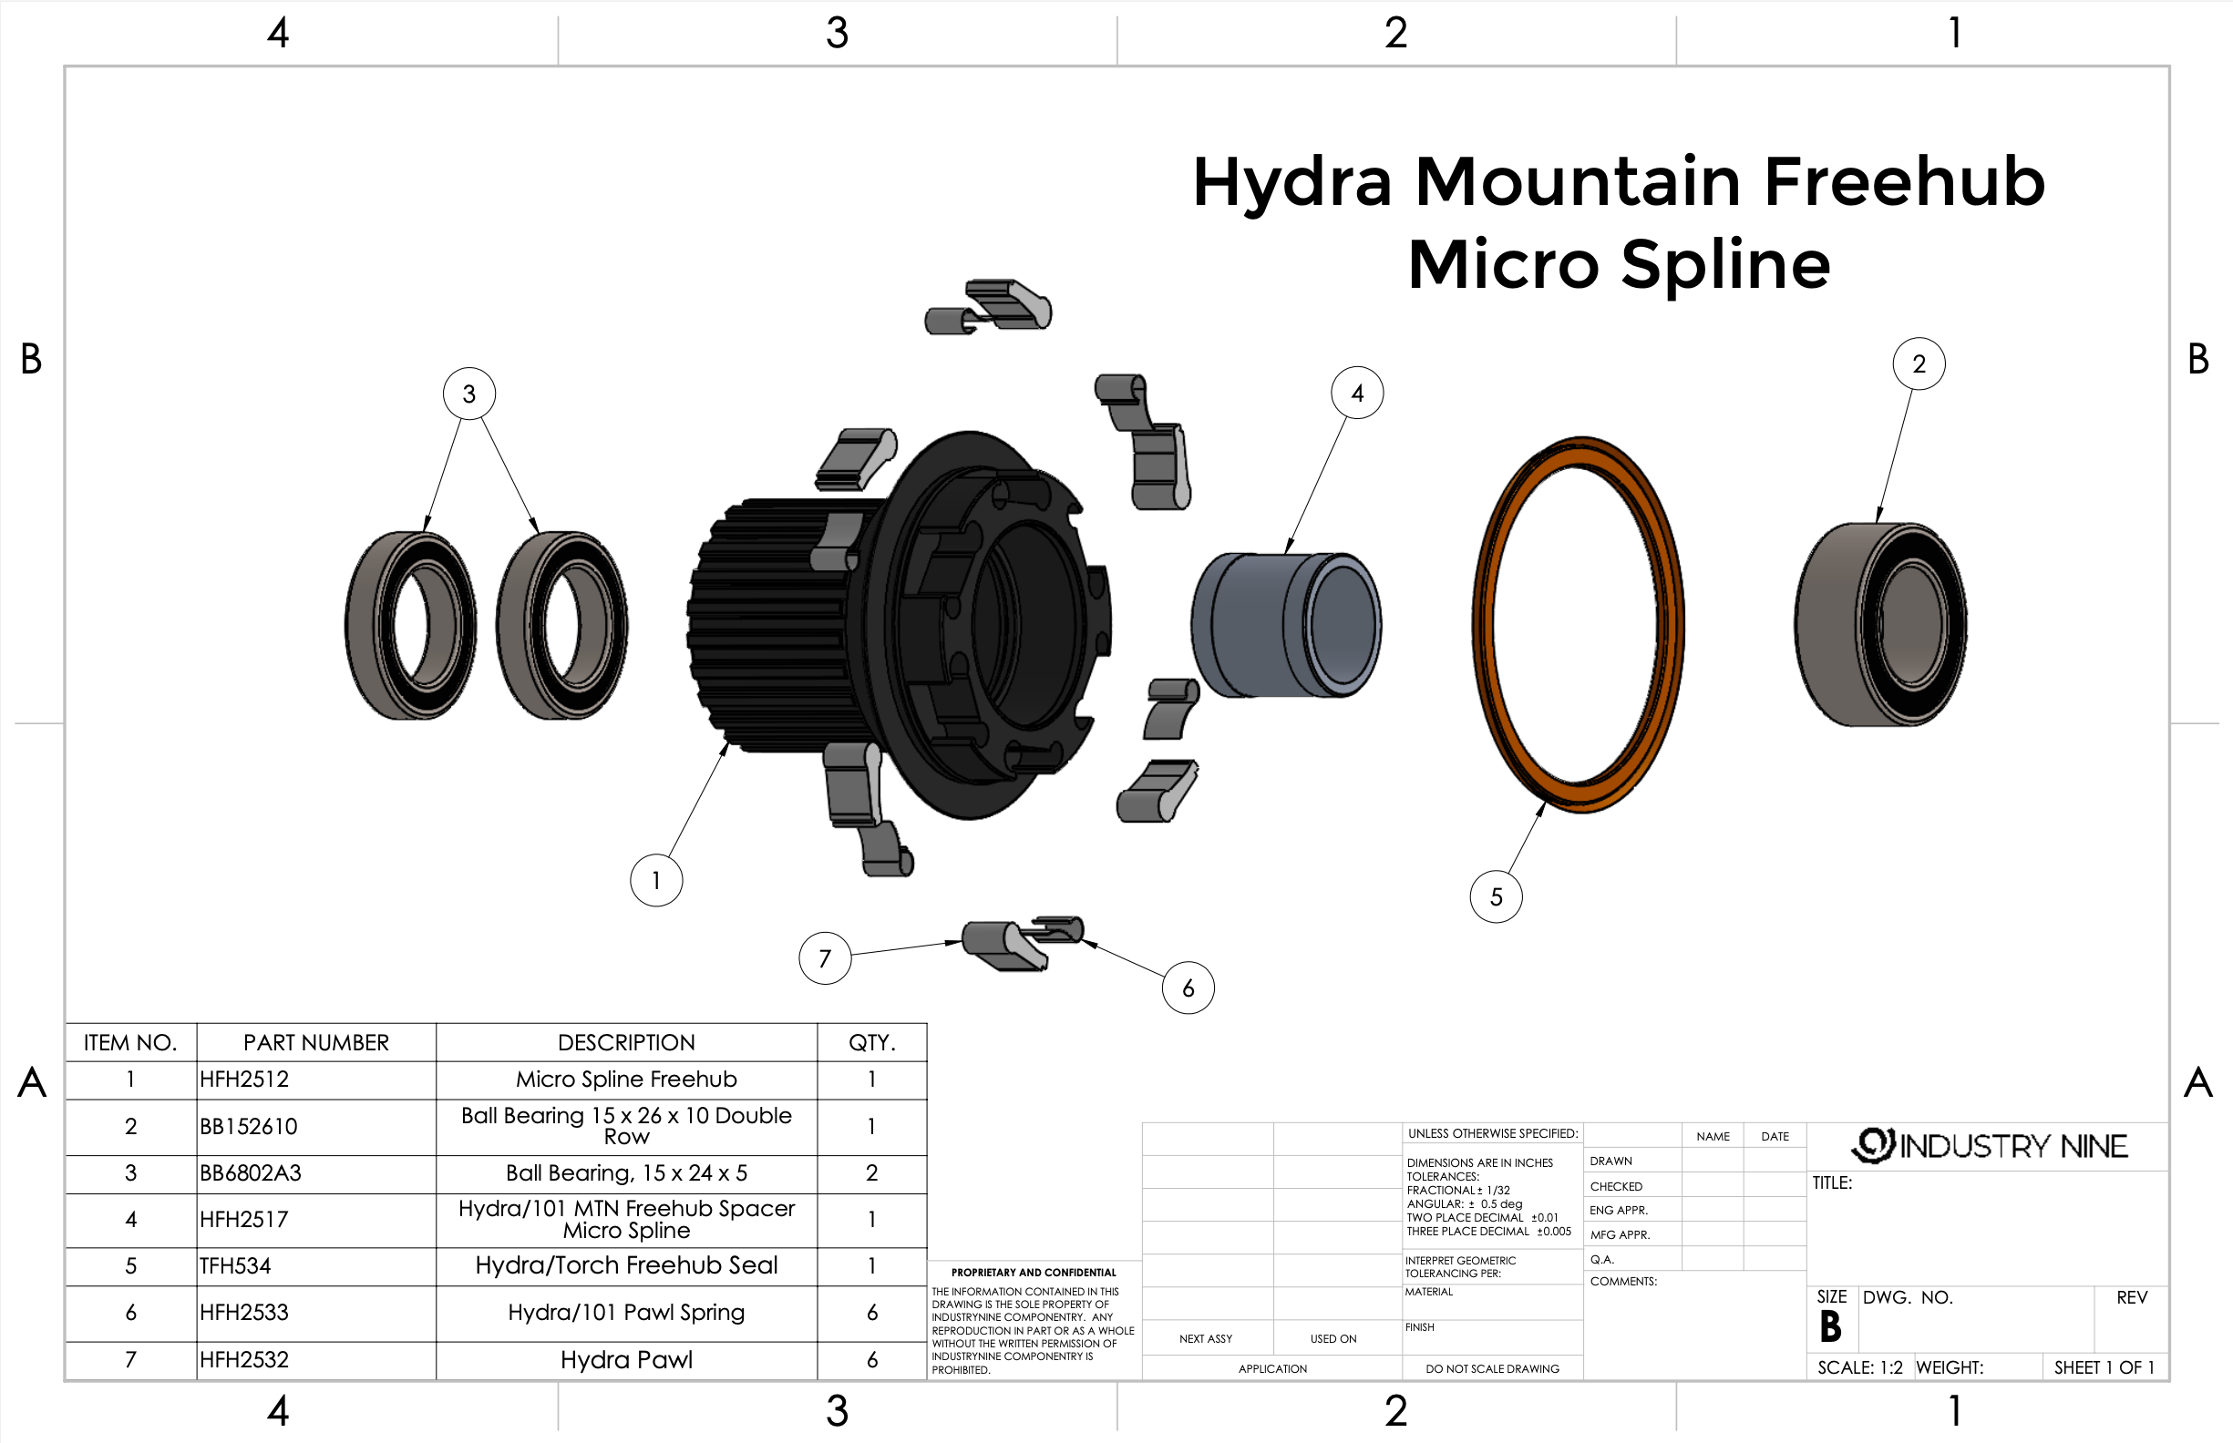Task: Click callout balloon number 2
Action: click(x=1918, y=363)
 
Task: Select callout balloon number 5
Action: click(x=1496, y=896)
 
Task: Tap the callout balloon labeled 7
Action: click(x=825, y=957)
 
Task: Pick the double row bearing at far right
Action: click(x=1878, y=624)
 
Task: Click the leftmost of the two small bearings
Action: click(x=409, y=625)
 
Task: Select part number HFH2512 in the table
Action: click(x=243, y=1080)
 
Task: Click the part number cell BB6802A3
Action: click(x=250, y=1173)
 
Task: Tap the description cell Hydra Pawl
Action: click(x=626, y=1359)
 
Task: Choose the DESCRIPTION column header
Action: click(x=626, y=1043)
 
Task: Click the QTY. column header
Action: click(x=872, y=1043)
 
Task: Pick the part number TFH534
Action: click(x=234, y=1266)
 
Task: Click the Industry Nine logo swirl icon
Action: click(x=1873, y=1145)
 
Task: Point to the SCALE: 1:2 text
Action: click(x=1859, y=1367)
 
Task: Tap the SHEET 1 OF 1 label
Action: click(x=2104, y=1367)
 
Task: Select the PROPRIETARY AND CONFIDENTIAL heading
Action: click(x=1033, y=1273)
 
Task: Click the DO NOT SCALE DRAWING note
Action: click(x=1491, y=1369)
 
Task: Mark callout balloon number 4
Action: click(x=1356, y=394)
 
